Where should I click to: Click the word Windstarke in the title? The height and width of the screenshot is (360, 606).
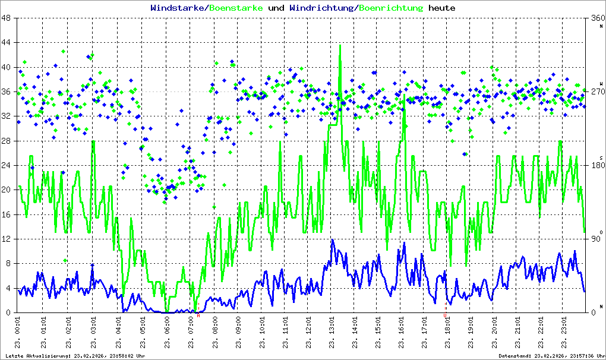[x=178, y=8]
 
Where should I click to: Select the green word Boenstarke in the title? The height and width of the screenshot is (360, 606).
[x=234, y=8]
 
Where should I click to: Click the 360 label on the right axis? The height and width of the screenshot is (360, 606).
[x=596, y=18]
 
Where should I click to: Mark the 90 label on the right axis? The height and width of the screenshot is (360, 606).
[x=596, y=239]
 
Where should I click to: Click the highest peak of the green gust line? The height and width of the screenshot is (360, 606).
[x=340, y=46]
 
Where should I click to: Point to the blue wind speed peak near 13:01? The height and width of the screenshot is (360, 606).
[x=333, y=240]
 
